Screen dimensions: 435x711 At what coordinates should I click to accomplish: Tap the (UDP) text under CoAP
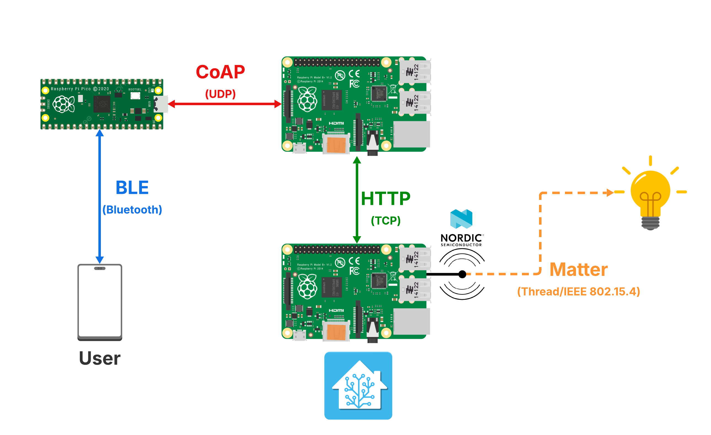[x=220, y=94]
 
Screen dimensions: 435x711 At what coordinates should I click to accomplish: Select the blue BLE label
[x=132, y=188]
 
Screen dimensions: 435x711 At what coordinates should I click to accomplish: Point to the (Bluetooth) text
[x=132, y=210]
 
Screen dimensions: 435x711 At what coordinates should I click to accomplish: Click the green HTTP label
[x=386, y=199]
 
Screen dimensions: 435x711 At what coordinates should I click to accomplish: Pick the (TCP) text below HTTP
[x=386, y=221]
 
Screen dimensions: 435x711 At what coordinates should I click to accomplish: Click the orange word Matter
[x=578, y=270]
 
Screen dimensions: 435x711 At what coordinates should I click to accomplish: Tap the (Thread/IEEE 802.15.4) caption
[x=578, y=292]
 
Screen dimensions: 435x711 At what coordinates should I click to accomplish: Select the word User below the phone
[x=99, y=358]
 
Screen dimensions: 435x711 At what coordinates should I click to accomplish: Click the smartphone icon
[x=100, y=302]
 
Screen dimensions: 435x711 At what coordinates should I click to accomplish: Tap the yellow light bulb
[x=650, y=196]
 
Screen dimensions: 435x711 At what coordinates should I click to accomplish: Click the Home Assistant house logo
[x=358, y=385]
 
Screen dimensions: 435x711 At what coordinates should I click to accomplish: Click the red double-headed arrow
[x=225, y=104]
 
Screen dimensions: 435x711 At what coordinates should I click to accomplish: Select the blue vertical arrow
[x=99, y=196]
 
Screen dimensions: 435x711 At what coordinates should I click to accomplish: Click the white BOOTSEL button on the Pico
[x=135, y=96]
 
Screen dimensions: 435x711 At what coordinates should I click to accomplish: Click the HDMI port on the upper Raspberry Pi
[x=336, y=143]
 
